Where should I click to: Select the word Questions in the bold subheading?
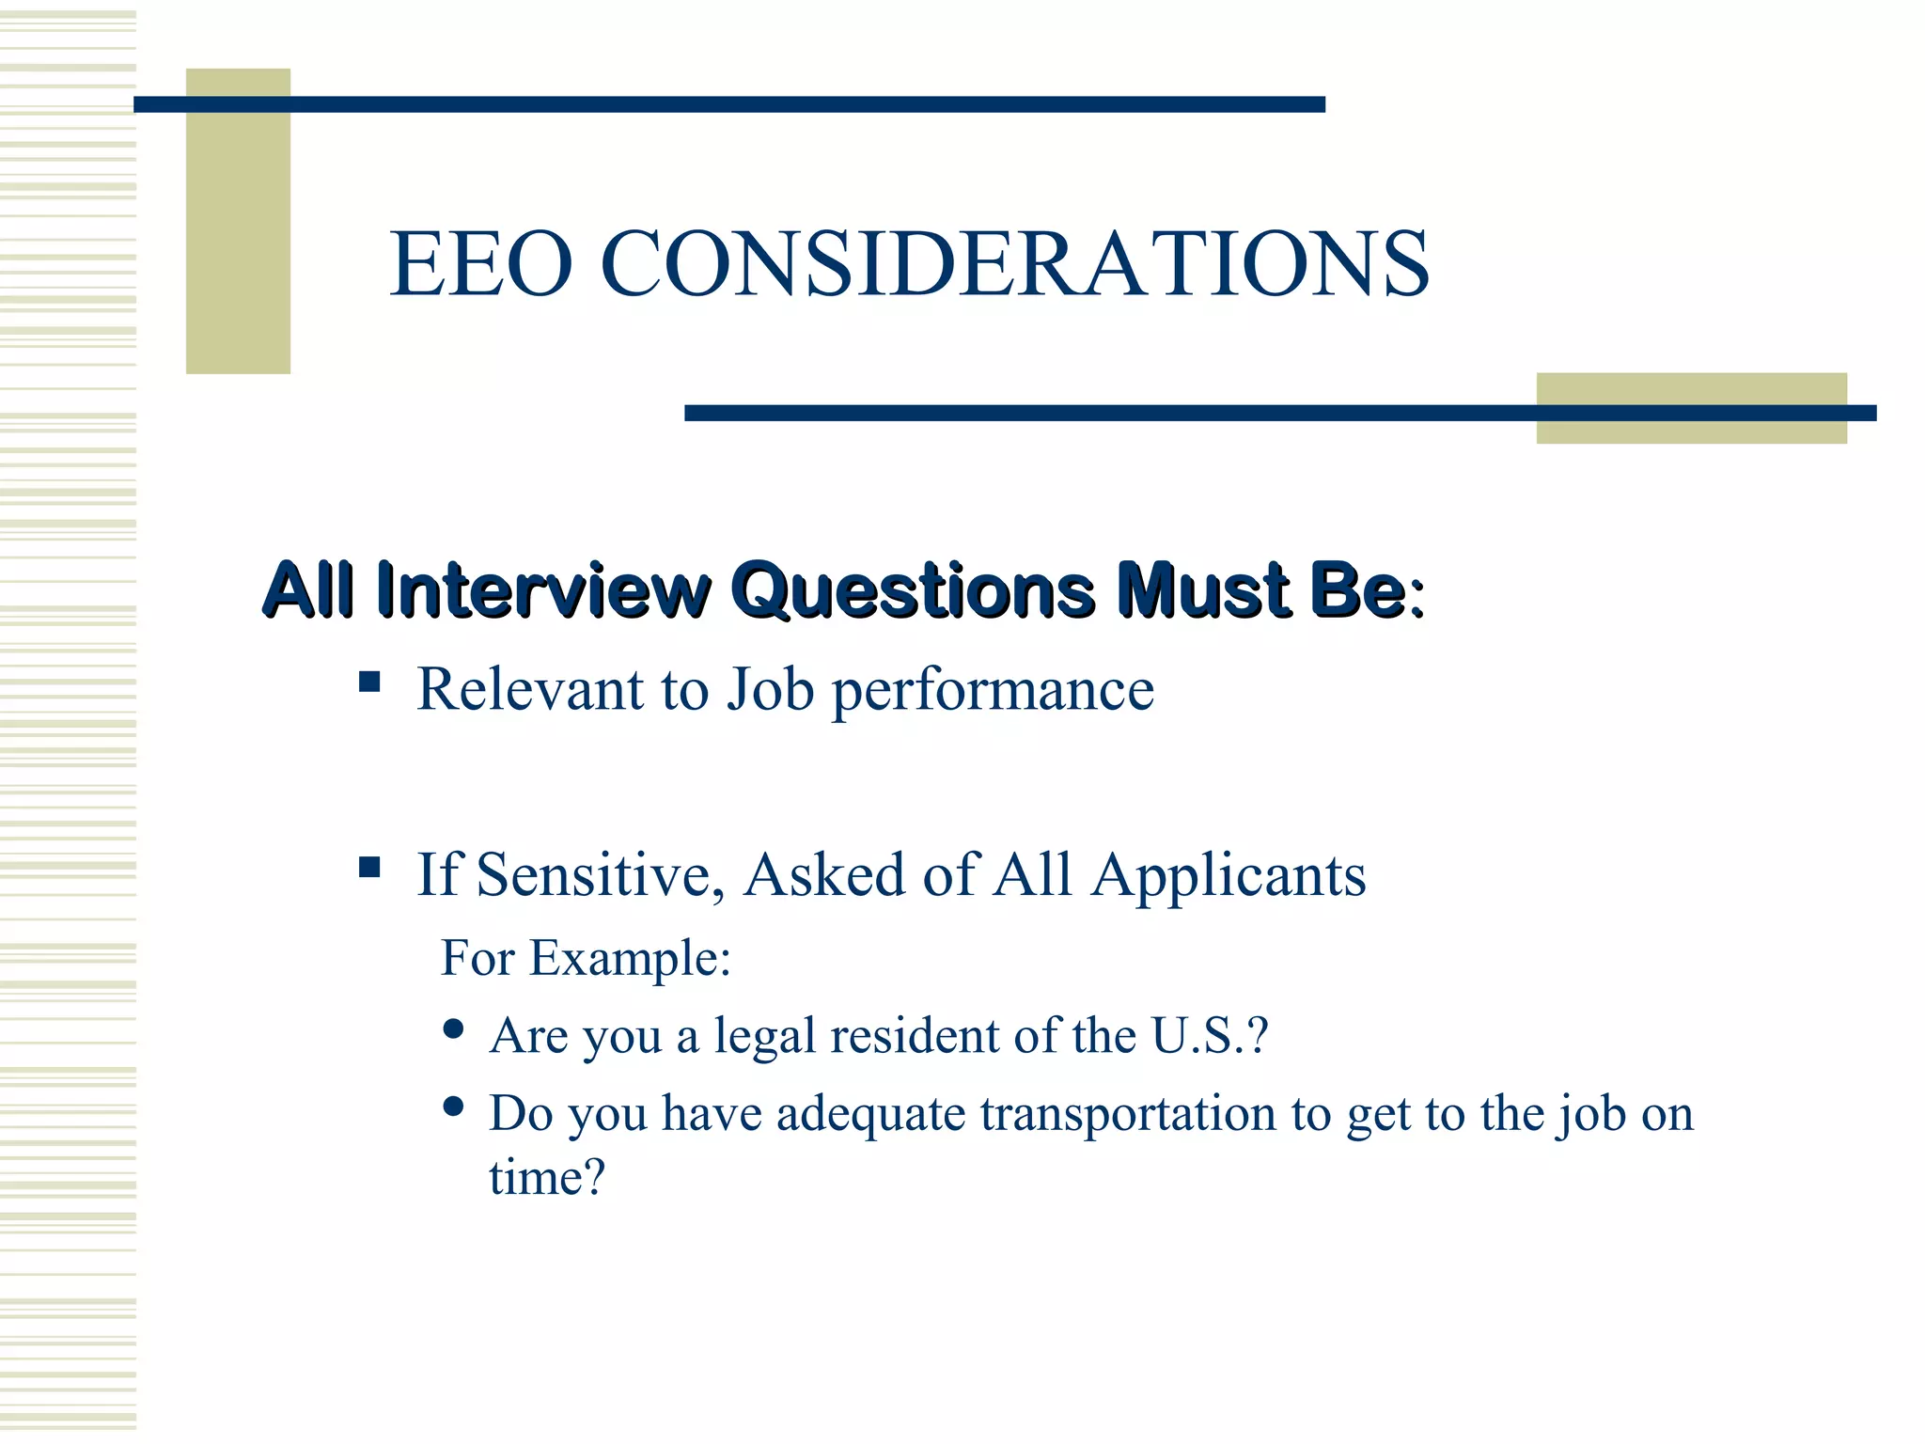click(x=913, y=591)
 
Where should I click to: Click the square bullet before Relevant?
click(x=369, y=681)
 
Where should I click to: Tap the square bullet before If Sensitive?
click(x=369, y=866)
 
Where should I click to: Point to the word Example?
click(x=629, y=960)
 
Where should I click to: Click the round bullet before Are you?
click(x=453, y=1028)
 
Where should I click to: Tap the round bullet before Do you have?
click(x=453, y=1107)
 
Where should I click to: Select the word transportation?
click(x=1128, y=1115)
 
